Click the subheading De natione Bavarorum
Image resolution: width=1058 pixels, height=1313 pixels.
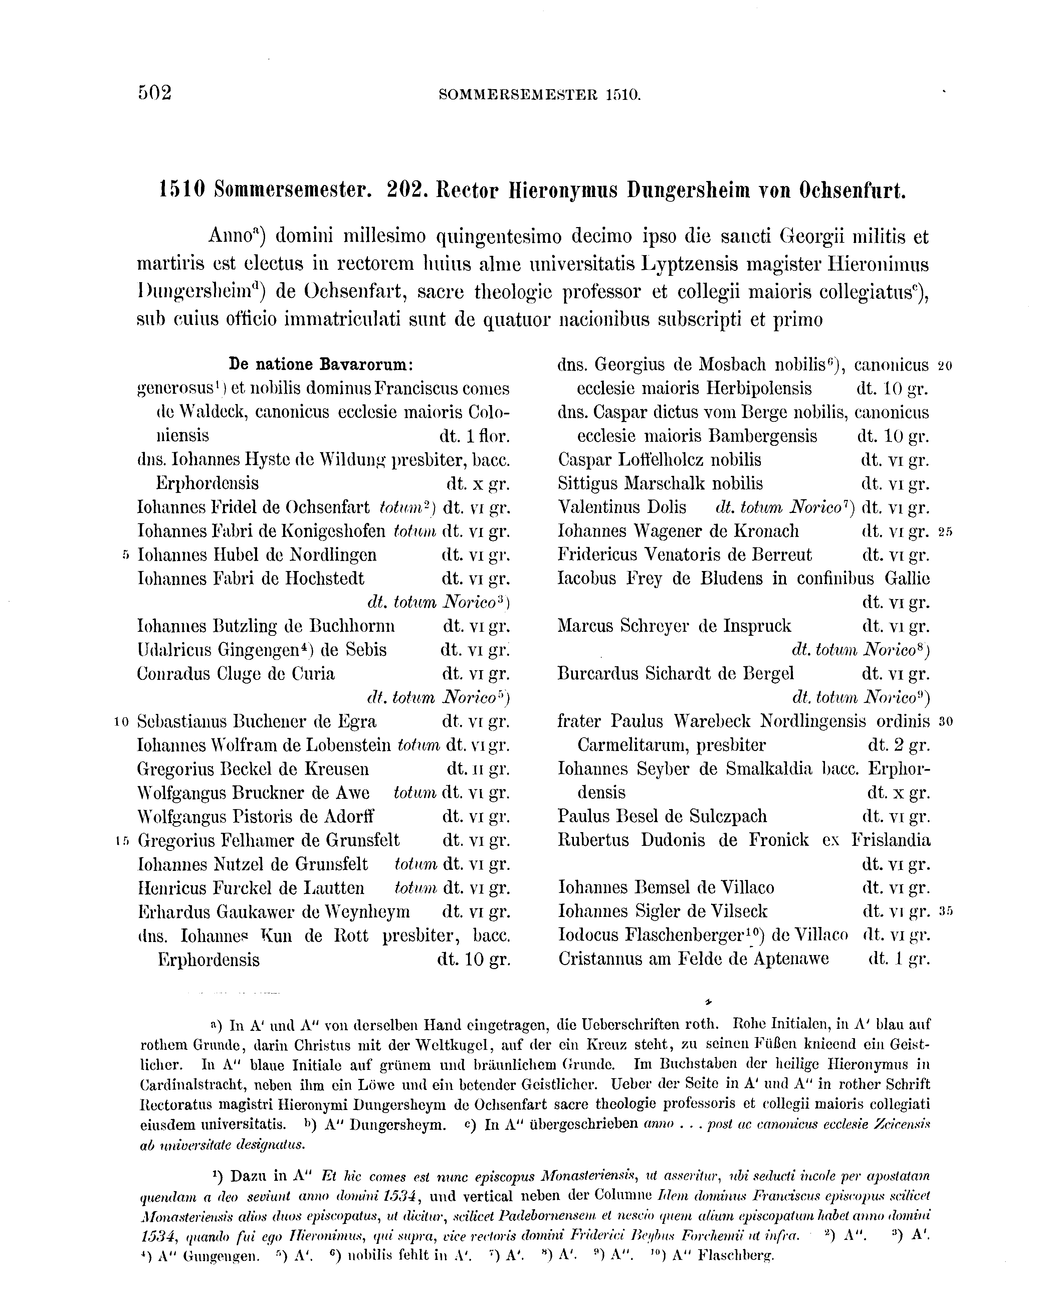(321, 365)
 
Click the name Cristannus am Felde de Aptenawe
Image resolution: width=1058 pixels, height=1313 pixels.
(693, 959)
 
